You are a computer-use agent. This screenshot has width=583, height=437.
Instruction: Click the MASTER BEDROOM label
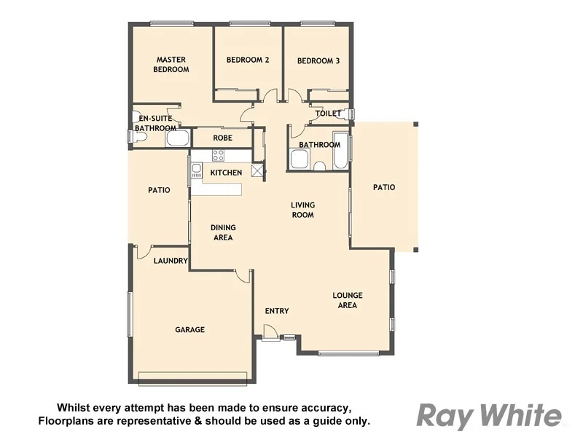[171, 65]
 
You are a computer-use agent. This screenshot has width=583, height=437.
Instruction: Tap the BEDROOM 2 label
[248, 60]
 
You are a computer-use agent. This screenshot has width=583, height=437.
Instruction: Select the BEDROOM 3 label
[318, 61]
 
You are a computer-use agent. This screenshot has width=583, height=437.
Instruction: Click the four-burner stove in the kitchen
[218, 155]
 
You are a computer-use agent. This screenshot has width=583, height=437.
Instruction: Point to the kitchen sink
[196, 170]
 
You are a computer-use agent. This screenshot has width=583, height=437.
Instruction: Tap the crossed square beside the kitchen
[257, 170]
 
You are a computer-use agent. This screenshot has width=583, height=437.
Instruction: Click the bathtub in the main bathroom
[340, 151]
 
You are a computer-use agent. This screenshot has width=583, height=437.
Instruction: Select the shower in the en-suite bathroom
[179, 138]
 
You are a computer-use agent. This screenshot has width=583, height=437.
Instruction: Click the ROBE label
[222, 138]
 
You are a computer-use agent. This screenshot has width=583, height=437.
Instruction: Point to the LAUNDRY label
[171, 261]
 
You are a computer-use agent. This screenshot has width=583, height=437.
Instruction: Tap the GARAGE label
[189, 330]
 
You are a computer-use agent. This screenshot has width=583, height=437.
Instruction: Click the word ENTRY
[277, 311]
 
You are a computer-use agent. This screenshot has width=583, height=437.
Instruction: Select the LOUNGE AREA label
[348, 300]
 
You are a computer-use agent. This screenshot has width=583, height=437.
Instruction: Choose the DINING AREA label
[224, 232]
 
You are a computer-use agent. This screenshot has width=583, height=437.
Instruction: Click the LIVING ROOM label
[302, 210]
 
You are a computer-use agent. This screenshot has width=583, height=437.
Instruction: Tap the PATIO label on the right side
[384, 187]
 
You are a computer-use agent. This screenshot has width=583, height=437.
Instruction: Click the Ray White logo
[489, 416]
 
